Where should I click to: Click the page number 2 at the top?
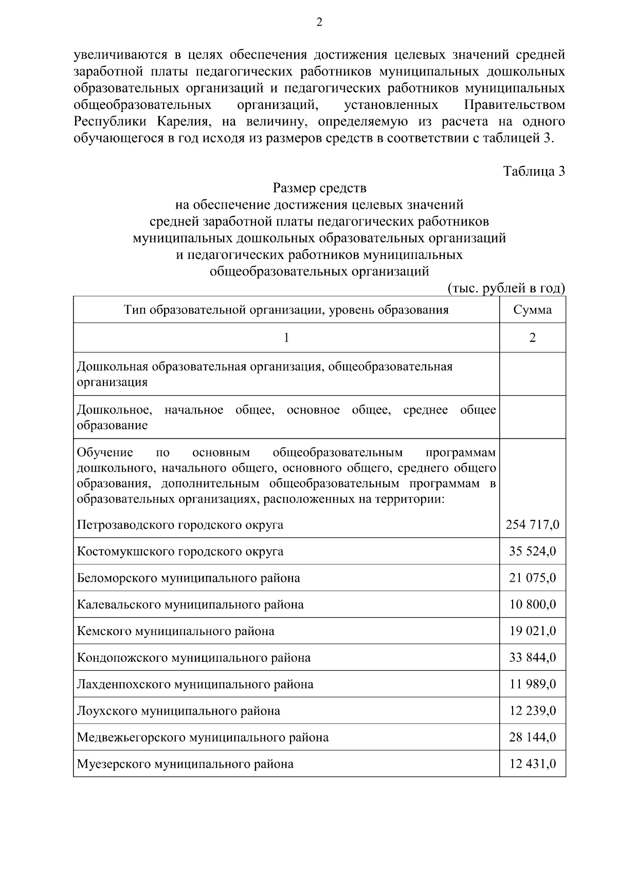pos(319,22)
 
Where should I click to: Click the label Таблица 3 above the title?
pos(534,172)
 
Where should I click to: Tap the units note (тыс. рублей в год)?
pos(506,288)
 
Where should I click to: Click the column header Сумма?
pos(532,310)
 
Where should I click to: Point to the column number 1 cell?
pos(286,338)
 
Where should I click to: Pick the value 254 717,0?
pos(532,525)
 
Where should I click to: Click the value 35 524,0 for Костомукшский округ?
pos(532,551)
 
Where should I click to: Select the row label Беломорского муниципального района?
pos(188,578)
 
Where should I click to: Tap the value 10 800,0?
pos(532,604)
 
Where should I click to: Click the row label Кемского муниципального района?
pos(175,631)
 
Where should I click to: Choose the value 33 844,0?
pos(532,658)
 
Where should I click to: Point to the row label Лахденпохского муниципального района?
pos(195,684)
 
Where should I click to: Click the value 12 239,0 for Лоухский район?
pos(532,711)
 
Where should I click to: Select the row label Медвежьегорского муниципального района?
pos(203,737)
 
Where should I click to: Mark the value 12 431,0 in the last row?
pos(532,764)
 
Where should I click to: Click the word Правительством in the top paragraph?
pos(514,105)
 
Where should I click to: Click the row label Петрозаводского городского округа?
pos(180,525)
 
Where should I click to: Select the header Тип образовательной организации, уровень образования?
pos(286,310)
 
